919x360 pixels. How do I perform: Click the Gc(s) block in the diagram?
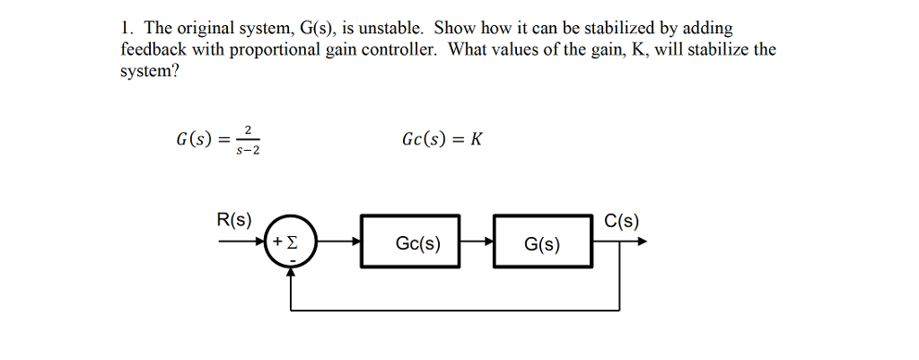410,241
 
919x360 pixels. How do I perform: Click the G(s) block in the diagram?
543,241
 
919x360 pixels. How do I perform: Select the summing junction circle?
291,241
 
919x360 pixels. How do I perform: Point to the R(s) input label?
235,220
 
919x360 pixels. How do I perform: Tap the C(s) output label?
622,222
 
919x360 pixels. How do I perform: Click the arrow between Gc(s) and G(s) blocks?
477,241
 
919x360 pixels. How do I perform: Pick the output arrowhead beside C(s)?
641,241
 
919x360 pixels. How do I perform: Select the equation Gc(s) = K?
443,140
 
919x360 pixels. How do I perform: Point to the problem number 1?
125,29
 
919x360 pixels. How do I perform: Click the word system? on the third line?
150,71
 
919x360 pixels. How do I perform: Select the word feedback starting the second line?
152,50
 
